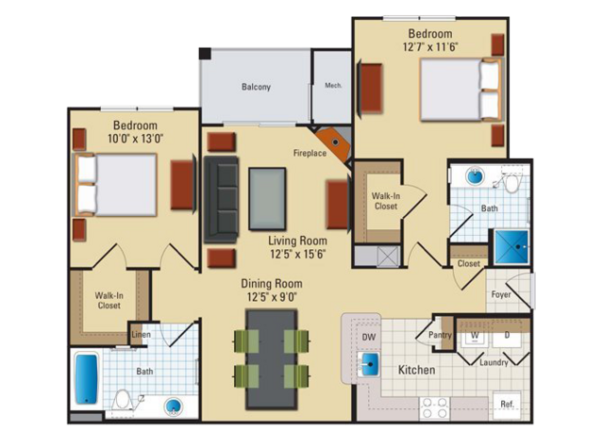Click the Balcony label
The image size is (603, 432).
(256, 87)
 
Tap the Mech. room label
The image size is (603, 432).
(333, 85)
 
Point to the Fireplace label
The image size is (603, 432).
(310, 153)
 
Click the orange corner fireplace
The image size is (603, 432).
(333, 143)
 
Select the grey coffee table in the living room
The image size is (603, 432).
(267, 199)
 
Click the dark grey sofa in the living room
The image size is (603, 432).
(221, 199)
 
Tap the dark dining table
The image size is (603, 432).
(272, 359)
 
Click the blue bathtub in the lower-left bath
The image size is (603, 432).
(86, 378)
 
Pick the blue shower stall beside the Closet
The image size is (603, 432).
(511, 247)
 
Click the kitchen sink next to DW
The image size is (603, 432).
(369, 363)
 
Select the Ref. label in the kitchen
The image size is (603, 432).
(508, 405)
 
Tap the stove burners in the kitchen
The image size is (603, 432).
(435, 407)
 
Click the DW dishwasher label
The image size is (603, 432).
(369, 337)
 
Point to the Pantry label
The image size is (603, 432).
(440, 335)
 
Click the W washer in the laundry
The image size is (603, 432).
(475, 335)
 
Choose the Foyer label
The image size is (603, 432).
(501, 294)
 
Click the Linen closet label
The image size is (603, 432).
(141, 335)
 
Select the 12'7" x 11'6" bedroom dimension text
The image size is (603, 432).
(430, 47)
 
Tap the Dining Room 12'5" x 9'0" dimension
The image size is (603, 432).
(272, 297)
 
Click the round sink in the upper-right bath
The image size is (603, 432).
(476, 176)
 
